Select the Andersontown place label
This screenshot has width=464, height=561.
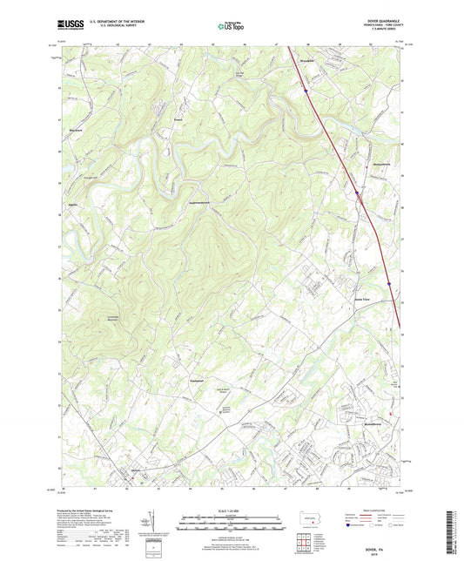tap(203, 203)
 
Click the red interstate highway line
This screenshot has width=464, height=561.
tap(348, 174)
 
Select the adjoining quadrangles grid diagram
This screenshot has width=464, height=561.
tap(304, 542)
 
